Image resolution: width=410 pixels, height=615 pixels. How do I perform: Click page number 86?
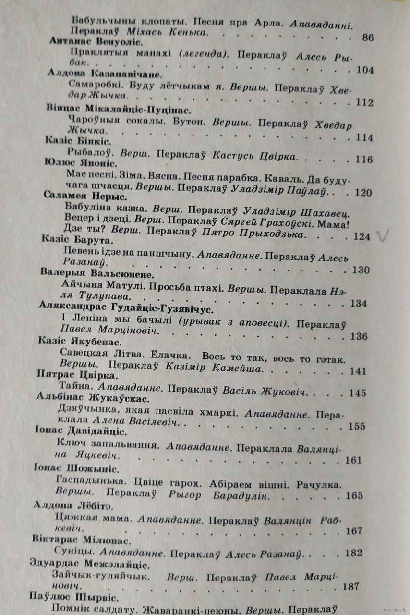368,37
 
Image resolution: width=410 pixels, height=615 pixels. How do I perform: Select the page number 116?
363,159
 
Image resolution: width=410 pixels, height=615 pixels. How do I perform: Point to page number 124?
361,236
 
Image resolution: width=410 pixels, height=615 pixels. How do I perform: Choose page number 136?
359,336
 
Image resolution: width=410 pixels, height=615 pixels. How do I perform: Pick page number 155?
357,426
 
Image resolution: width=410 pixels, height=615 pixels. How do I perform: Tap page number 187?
352,587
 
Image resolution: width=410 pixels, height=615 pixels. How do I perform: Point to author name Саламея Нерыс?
84,197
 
